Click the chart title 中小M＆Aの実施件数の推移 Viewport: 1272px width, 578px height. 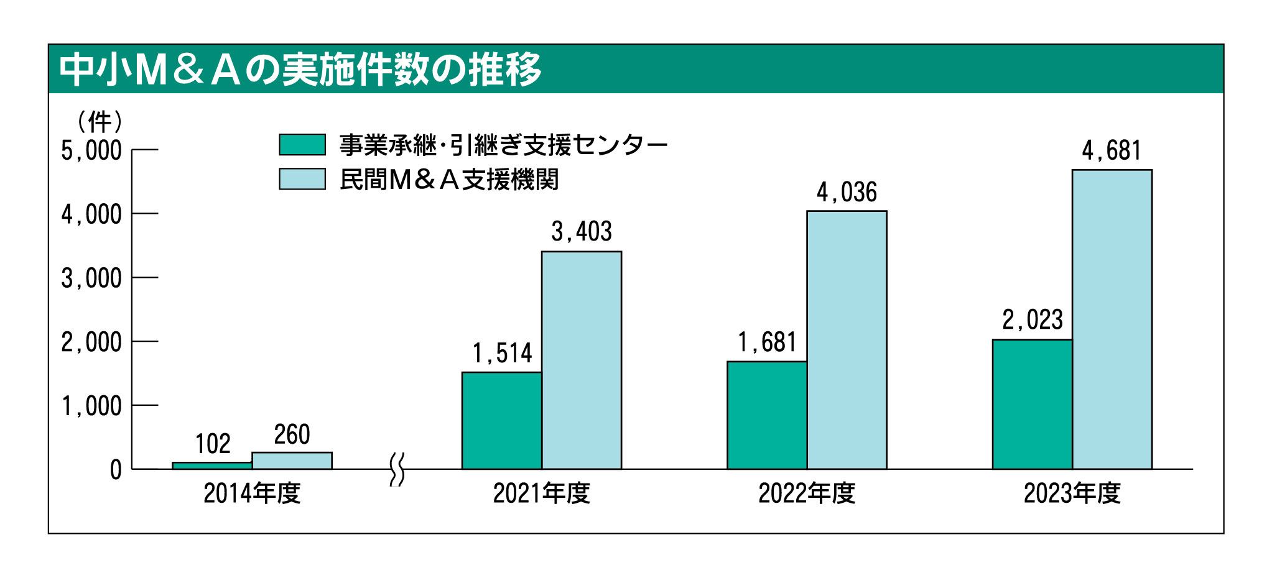300,70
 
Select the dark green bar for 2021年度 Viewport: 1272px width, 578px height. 501,420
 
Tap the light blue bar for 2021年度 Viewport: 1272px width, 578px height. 581,360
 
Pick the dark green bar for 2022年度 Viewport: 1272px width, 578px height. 766,415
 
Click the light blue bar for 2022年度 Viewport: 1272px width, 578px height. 847,340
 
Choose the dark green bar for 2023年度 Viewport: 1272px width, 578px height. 1032,404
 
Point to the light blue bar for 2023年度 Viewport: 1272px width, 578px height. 1112,319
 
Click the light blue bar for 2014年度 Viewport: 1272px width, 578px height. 292,461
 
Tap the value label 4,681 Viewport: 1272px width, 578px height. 1112,151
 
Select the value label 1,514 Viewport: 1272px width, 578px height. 502,354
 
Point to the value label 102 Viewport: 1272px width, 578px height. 213,444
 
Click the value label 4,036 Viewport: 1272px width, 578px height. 847,193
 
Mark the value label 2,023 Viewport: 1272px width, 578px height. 1033,320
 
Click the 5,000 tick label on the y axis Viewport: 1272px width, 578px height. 91,150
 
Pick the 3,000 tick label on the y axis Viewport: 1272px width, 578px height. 91,278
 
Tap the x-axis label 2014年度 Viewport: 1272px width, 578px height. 252,493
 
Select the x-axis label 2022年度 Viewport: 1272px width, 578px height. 807,493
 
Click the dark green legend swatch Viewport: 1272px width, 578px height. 302,145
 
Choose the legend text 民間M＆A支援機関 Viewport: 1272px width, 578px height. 448,180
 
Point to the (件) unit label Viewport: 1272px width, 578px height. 100,122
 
